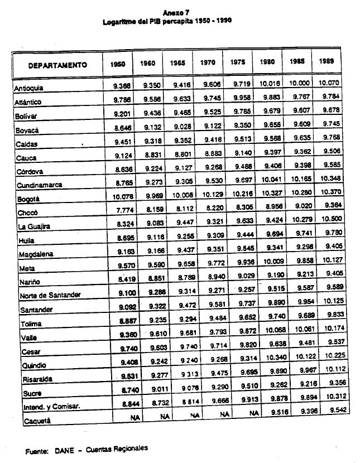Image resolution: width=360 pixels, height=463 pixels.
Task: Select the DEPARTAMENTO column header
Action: pyautogui.click(x=58, y=65)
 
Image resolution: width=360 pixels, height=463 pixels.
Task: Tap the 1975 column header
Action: pyautogui.click(x=237, y=63)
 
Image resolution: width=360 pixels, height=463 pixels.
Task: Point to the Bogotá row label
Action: pyautogui.click(x=26, y=199)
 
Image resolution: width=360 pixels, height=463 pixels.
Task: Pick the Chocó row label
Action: pyautogui.click(x=25, y=213)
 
